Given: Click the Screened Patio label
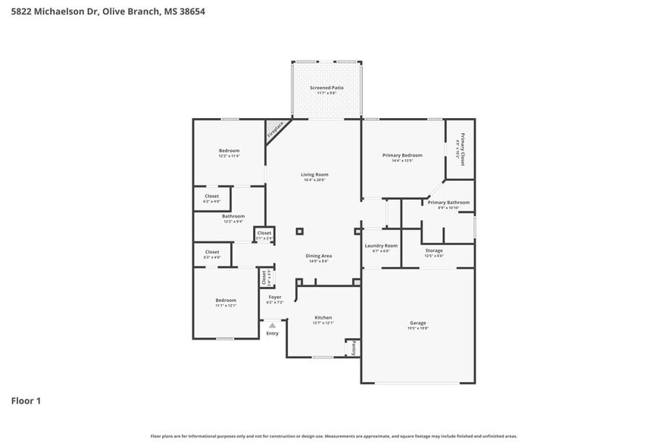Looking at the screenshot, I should pos(326,88).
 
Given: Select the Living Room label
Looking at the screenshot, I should pos(315,175).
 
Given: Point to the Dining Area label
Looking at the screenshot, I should pos(319,256).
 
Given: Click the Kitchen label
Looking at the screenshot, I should pos(323,318).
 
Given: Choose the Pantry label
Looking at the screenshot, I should pos(353,348).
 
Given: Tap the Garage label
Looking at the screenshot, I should pos(418,323).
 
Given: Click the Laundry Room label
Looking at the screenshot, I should pos(381,246).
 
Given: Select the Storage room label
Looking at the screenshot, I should pos(434,251).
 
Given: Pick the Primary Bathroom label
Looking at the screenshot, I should pos(448,203).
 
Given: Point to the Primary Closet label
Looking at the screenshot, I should pos(460,149).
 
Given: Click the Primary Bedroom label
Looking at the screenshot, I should pos(401,156).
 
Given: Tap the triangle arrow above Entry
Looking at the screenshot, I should pos(273,325).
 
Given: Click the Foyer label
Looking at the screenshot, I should pos(276,297).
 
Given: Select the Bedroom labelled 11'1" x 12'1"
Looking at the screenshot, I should pos(226,300).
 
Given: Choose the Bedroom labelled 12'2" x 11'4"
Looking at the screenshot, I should pos(229,151).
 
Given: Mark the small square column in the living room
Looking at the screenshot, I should pos(300,232).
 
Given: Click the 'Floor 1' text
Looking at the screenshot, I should pos(26,400).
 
